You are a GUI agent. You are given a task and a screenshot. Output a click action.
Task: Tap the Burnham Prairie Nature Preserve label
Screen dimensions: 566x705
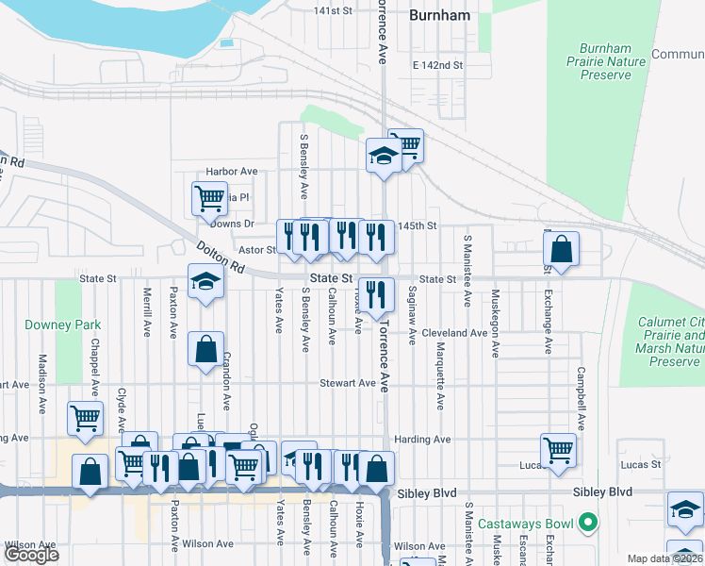(612, 61)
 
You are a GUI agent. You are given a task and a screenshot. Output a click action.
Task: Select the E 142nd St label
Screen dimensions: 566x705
(438, 66)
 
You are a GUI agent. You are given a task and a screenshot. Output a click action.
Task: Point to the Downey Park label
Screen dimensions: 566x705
(75, 325)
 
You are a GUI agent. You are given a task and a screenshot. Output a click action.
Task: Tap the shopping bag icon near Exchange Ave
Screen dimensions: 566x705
(561, 251)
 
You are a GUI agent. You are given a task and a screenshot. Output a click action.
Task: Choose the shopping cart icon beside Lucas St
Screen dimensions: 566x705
(558, 450)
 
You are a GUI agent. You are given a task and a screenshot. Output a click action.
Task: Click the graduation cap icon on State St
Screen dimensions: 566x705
(205, 282)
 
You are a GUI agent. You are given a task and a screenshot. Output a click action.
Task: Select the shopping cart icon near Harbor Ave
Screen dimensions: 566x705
(209, 199)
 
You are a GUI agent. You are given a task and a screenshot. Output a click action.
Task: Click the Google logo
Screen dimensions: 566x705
(31, 555)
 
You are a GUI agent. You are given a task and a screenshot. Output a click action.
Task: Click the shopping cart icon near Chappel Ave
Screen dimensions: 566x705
(85, 419)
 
